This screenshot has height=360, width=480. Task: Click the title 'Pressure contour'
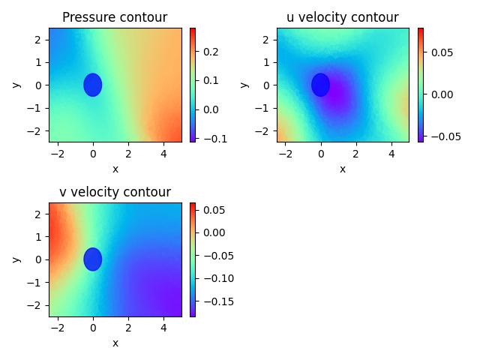tap(115, 17)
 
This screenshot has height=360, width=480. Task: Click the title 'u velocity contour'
tap(343, 17)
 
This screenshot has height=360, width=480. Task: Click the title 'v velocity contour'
tap(115, 192)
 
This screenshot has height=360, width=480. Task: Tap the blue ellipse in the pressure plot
tap(93, 85)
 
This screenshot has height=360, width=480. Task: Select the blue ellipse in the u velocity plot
tap(321, 85)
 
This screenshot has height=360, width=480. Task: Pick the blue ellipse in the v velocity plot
tap(93, 259)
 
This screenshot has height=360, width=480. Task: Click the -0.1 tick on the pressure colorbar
tap(209, 139)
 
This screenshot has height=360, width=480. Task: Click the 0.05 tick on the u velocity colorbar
tap(438, 52)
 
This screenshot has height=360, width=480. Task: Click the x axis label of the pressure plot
tap(115, 169)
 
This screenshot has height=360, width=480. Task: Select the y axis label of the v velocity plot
tap(16, 259)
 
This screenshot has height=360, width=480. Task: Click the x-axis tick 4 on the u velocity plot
tap(391, 154)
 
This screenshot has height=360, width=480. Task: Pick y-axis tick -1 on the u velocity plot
tap(265, 108)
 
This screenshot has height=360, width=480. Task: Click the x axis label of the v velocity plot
tap(115, 343)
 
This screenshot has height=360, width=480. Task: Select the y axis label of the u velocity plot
tap(244, 85)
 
